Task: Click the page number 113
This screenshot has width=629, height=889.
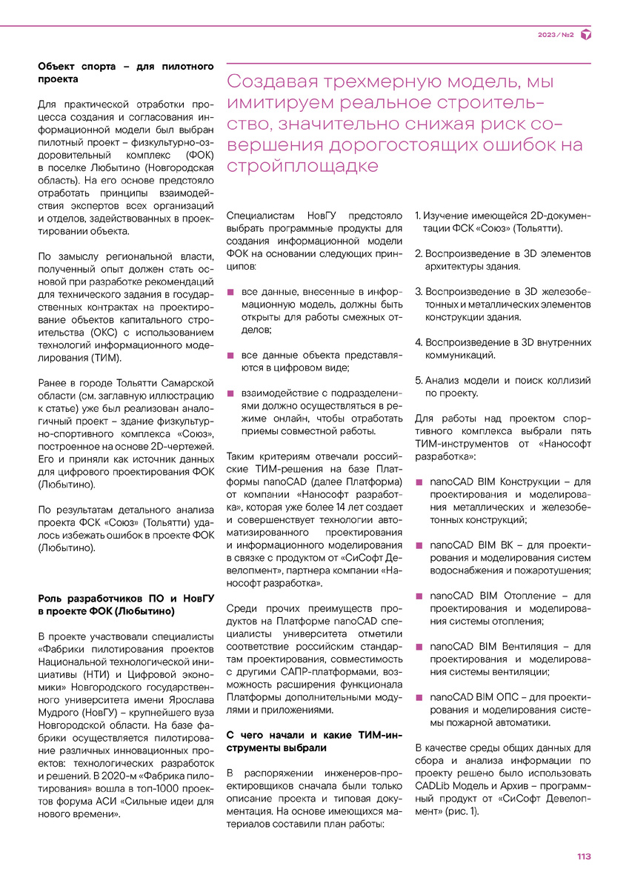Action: [584, 856]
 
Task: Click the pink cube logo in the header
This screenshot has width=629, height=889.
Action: [585, 35]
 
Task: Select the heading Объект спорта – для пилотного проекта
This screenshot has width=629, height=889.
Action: [125, 73]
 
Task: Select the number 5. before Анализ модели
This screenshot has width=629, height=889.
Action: [419, 380]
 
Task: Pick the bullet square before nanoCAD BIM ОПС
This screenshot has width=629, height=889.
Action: [419, 697]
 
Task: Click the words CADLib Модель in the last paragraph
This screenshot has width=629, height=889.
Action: [459, 785]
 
